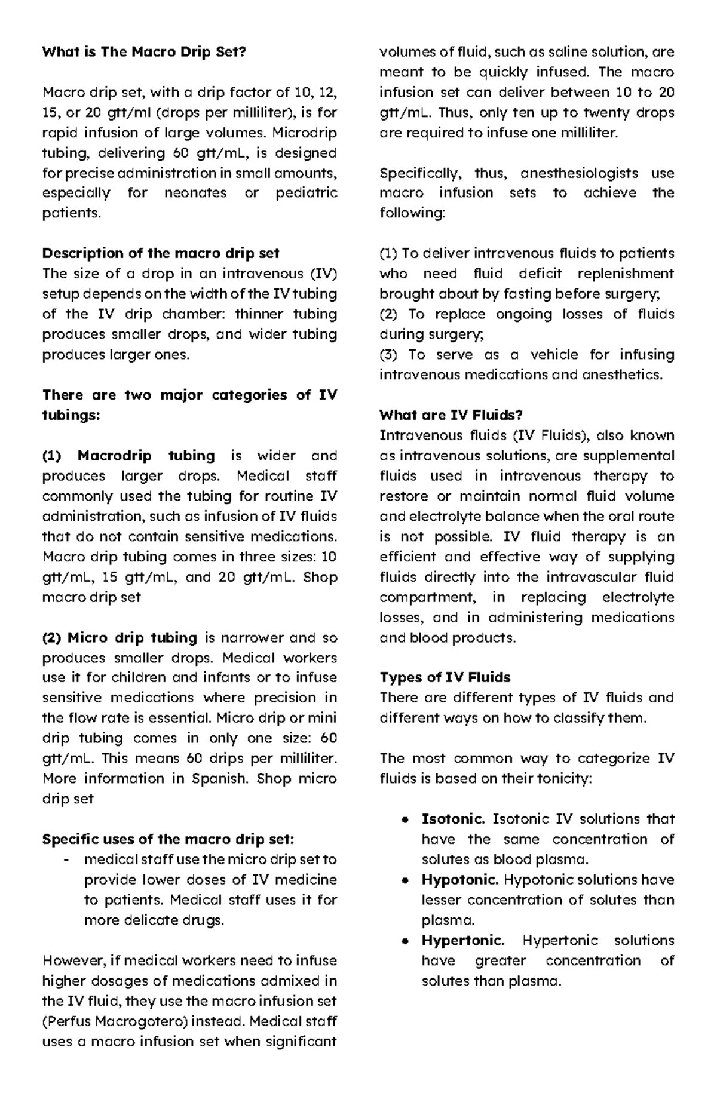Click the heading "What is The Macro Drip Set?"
point(143,52)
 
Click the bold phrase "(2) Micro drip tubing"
point(119,638)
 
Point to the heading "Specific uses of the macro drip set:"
point(168,839)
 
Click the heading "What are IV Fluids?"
point(451,415)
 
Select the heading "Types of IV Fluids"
point(445,677)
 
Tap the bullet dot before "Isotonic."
point(406,820)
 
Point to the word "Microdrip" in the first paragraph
point(308,133)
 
